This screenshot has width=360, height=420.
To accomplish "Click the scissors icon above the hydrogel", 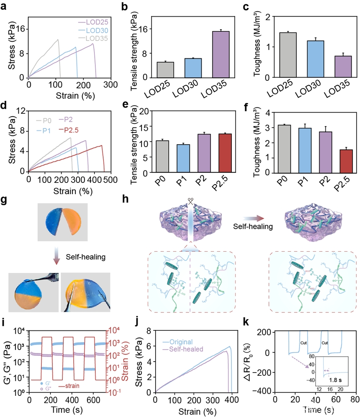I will point(191,201).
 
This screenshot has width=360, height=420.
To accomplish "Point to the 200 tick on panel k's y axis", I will point(264,332).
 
